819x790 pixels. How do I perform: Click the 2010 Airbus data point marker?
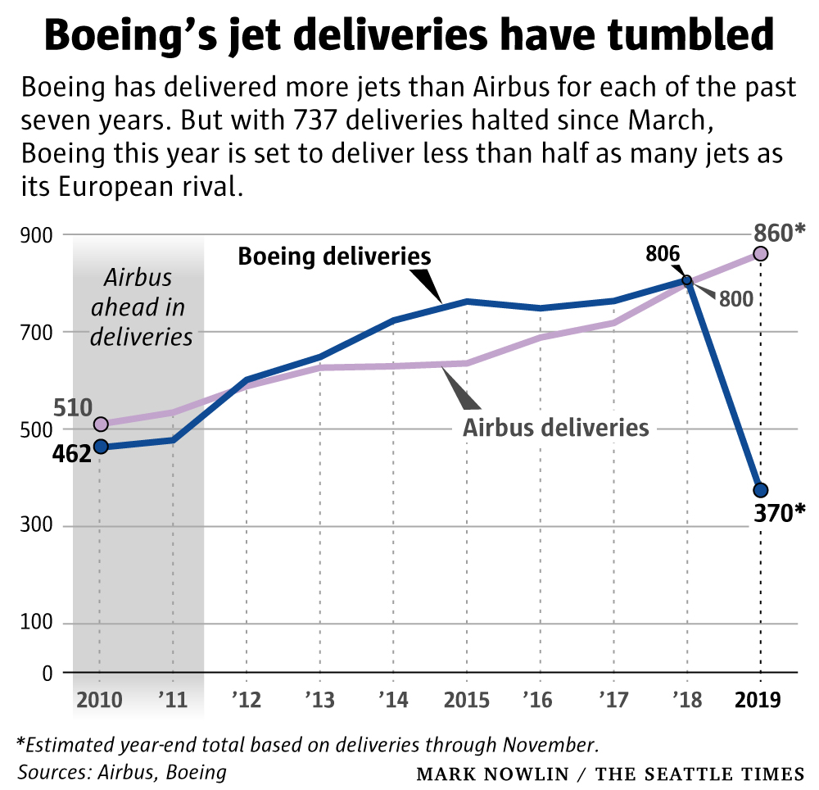(x=100, y=424)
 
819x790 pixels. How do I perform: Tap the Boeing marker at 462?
(x=100, y=447)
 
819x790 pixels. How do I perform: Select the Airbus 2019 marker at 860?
(x=761, y=254)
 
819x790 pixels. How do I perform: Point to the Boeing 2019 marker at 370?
(x=761, y=490)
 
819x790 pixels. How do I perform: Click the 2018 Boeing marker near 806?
(x=687, y=280)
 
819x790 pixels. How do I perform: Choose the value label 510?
(x=73, y=406)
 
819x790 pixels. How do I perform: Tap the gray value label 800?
(x=735, y=298)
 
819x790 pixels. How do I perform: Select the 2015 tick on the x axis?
(x=466, y=701)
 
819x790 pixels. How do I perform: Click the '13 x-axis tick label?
(x=319, y=701)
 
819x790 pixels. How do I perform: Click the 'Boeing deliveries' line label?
(x=334, y=257)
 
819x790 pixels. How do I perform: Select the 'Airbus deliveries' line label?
(x=556, y=427)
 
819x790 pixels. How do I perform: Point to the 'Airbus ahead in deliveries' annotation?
(x=138, y=308)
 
